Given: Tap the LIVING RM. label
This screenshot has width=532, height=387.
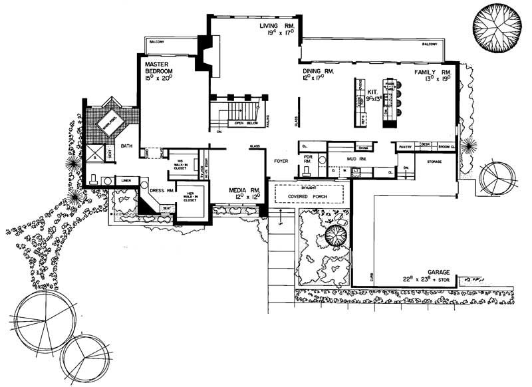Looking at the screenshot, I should (276, 25).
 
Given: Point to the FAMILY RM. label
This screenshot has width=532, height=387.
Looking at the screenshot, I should (433, 71).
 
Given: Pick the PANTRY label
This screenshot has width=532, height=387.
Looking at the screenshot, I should (406, 145).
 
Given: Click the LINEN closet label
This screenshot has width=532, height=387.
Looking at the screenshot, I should (125, 180).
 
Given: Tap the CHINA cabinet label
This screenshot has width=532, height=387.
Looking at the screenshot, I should (363, 148).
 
